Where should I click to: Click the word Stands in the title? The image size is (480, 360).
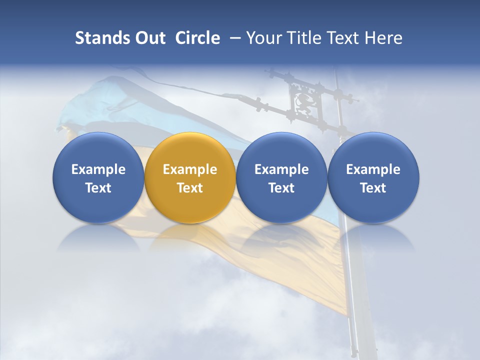pyautogui.click(x=99, y=38)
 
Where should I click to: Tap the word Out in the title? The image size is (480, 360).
pyautogui.click(x=148, y=38)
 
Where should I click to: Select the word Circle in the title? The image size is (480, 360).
pyautogui.click(x=197, y=38)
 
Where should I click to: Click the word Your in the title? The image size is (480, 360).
pyautogui.click(x=263, y=38)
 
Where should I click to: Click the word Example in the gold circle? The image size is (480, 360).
pyautogui.click(x=190, y=169)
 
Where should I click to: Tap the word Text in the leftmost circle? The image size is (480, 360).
pyautogui.click(x=98, y=188)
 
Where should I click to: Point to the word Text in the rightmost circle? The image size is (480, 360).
pyautogui.click(x=373, y=188)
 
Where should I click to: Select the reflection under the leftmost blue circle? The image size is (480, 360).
pyautogui.click(x=98, y=237)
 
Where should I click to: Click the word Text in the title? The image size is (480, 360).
pyautogui.click(x=346, y=38)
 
